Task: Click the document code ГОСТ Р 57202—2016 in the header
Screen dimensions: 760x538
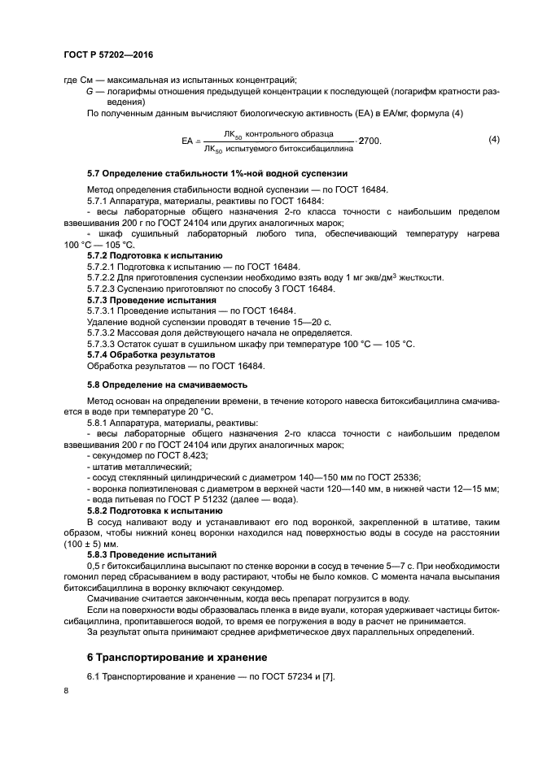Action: [108, 54]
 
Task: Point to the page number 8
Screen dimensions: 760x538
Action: [66, 691]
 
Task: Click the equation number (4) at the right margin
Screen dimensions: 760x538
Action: [493, 140]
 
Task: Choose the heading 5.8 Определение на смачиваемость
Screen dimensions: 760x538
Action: [167, 384]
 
